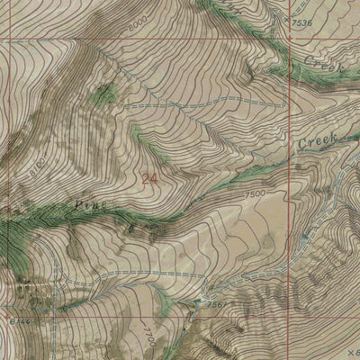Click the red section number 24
[148, 179]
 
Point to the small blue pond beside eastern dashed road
[298, 167]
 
